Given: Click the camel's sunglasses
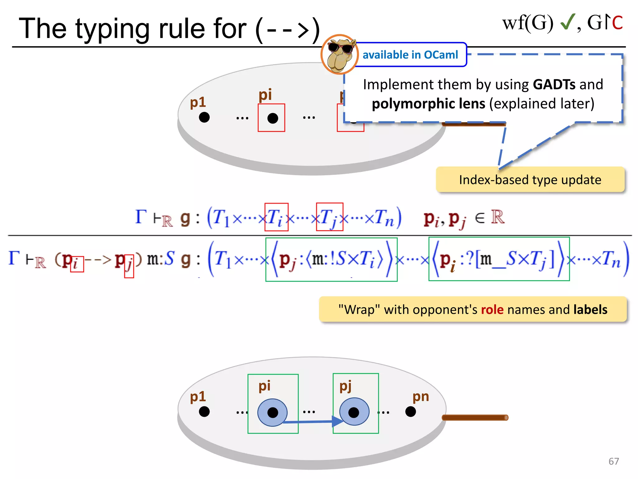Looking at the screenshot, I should point(341,48).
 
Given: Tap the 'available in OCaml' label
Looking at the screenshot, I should point(410,55).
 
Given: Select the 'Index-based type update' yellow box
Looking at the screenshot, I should point(530,180).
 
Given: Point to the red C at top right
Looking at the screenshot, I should point(617,23).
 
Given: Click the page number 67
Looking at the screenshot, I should point(613,461).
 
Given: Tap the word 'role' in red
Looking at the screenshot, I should point(492,310).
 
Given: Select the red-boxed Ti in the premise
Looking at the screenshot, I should point(276,217).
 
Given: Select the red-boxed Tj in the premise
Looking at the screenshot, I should point(329,217).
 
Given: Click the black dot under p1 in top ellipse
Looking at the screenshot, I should point(204,118).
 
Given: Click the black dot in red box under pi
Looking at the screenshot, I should point(273,118).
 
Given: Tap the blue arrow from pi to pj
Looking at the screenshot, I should point(312,422).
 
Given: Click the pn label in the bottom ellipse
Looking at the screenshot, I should point(421,397).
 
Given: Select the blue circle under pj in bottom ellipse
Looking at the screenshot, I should point(354,412).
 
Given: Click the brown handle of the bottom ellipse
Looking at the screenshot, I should point(475,418).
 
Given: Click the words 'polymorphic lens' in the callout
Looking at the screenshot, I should point(428,104).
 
